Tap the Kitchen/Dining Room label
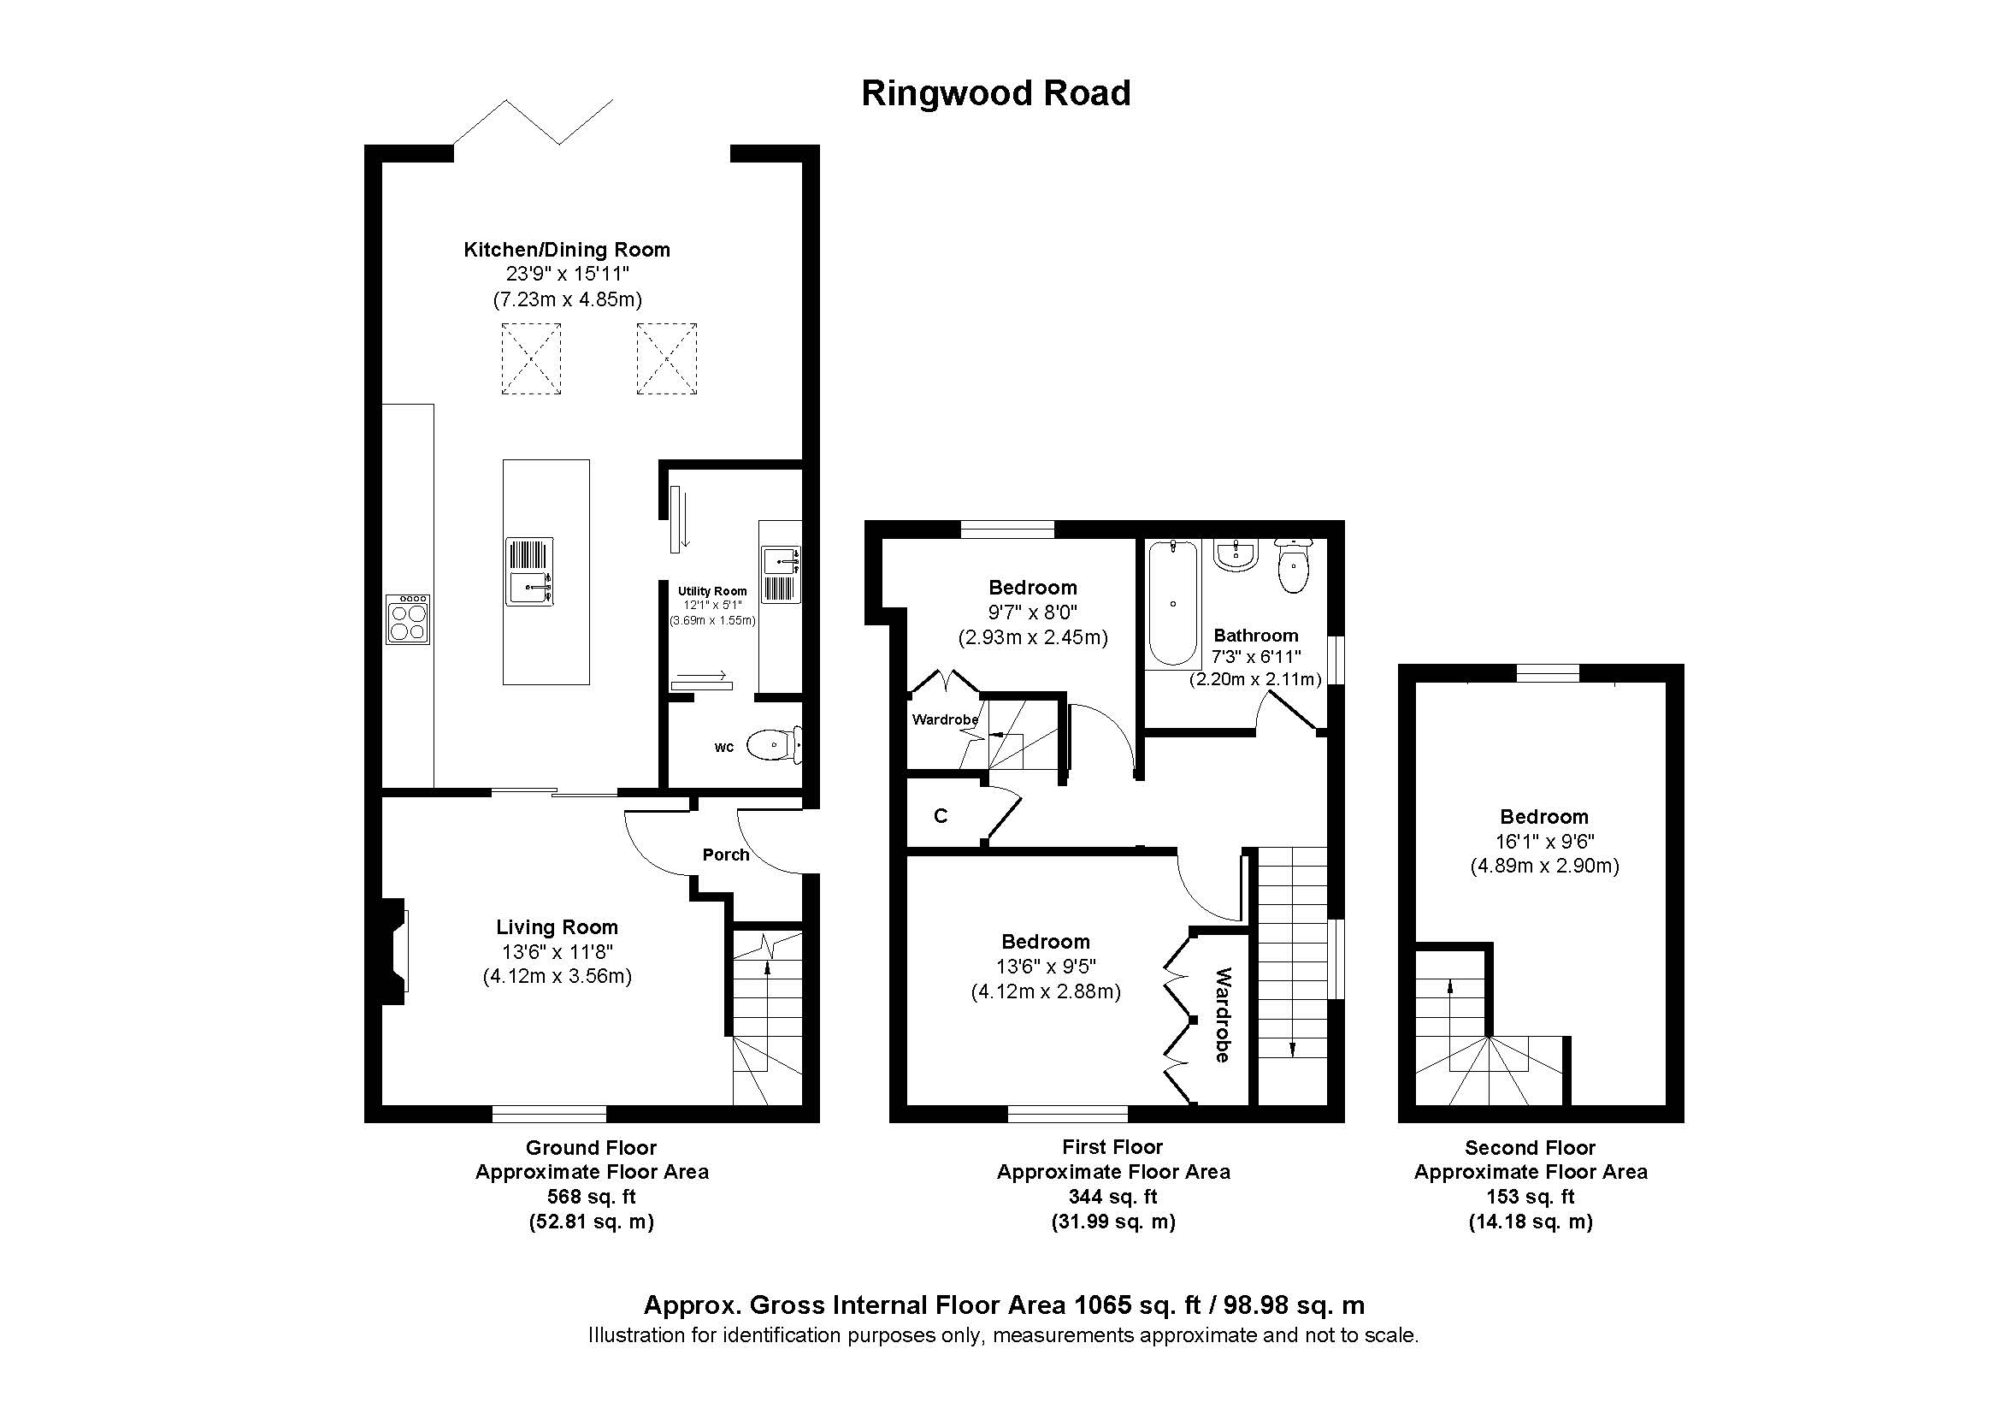pos(566,250)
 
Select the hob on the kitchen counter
pos(408,619)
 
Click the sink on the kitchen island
pos(529,571)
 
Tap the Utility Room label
pos(711,591)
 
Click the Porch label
pos(726,855)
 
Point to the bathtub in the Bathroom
pos(1172,603)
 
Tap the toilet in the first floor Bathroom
pos(1294,566)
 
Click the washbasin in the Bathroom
pos(1236,555)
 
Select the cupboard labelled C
pos(941,816)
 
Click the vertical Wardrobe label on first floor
pos(1222,1015)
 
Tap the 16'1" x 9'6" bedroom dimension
pos(1543,842)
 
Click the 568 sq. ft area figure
pos(591,1197)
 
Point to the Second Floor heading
pos(1530,1147)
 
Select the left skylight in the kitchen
pos(530,359)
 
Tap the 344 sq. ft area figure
pos(1112,1197)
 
